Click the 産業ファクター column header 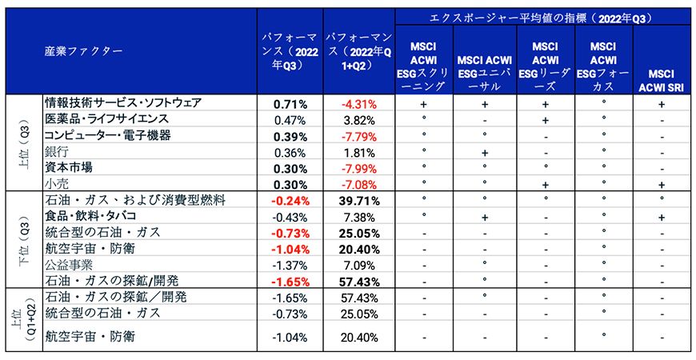tap(83, 51)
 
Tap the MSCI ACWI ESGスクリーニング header tap(423, 63)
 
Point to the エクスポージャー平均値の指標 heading tap(542, 18)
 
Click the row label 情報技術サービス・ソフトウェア tap(122, 104)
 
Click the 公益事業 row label tap(69, 265)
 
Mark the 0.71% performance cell tap(290, 104)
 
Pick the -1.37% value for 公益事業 tap(290, 265)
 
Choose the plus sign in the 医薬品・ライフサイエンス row tap(544, 120)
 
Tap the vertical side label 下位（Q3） tap(23, 240)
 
